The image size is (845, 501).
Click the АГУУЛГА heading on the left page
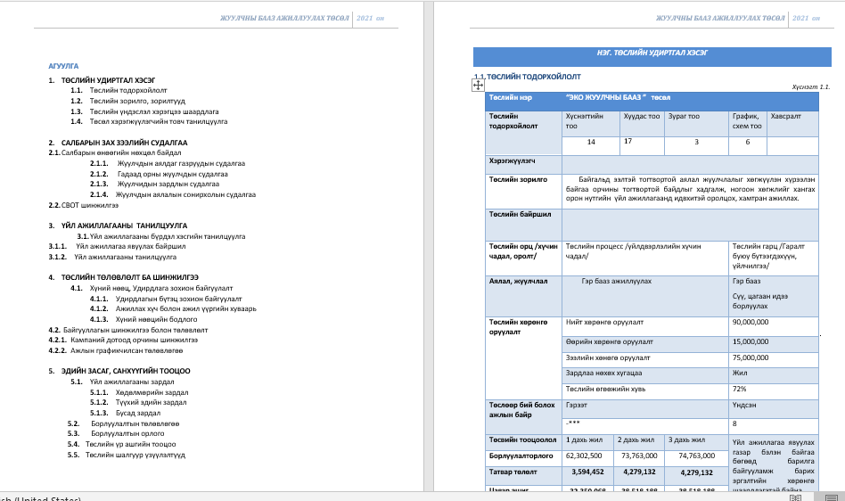click(x=63, y=66)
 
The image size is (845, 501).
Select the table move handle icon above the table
click(x=477, y=84)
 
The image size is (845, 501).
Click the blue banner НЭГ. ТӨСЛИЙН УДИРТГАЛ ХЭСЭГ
click(x=652, y=53)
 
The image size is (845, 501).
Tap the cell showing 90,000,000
click(x=750, y=323)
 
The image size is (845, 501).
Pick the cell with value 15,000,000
click(x=750, y=341)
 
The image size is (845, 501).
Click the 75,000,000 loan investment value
click(x=750, y=357)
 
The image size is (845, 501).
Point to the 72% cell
click(x=740, y=389)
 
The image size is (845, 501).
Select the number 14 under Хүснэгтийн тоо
click(x=590, y=143)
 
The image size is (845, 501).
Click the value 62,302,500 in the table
click(x=585, y=455)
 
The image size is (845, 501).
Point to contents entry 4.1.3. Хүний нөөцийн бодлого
click(x=150, y=318)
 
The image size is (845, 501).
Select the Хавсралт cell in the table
click(x=785, y=117)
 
